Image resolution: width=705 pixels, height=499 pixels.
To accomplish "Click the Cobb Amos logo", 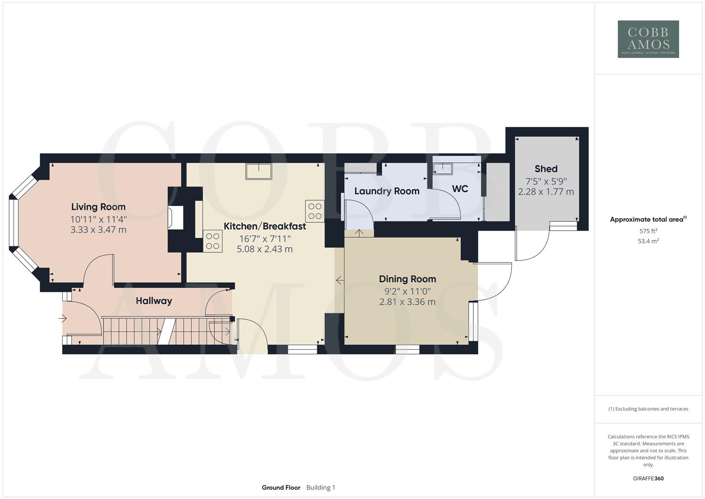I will pyautogui.click(x=648, y=39).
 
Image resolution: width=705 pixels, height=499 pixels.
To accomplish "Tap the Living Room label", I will pyautogui.click(x=98, y=207).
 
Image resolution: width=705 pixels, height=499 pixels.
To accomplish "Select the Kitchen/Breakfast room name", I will pyautogui.click(x=265, y=226).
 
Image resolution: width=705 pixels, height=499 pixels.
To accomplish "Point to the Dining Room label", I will pyautogui.click(x=407, y=279).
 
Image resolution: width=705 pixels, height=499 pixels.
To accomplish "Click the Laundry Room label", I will pyautogui.click(x=387, y=191).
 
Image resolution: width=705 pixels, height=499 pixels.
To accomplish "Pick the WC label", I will pyautogui.click(x=460, y=189).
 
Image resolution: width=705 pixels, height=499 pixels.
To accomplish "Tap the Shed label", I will pyautogui.click(x=546, y=169).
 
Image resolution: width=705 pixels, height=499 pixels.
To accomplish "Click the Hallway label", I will pyautogui.click(x=154, y=301).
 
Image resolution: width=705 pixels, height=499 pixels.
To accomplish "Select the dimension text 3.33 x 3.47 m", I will pyautogui.click(x=98, y=230).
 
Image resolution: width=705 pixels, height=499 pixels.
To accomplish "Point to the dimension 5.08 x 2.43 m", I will pyautogui.click(x=265, y=249).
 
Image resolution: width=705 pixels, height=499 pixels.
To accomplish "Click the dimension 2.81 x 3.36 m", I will pyautogui.click(x=407, y=302).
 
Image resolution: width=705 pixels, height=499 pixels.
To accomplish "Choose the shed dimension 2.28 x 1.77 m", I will pyautogui.click(x=546, y=192).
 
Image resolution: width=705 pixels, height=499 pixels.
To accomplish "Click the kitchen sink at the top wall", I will pyautogui.click(x=259, y=171).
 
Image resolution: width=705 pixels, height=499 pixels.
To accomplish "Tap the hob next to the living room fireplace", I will pyautogui.click(x=213, y=241).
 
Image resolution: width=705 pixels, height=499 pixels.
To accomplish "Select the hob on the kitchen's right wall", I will pyautogui.click(x=315, y=211).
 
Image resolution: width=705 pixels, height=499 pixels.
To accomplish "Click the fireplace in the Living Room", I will pyautogui.click(x=176, y=218).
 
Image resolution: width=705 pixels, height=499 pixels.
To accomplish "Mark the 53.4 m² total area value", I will pyautogui.click(x=648, y=241).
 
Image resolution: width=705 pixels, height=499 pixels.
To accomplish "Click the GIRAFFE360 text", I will pyautogui.click(x=648, y=479).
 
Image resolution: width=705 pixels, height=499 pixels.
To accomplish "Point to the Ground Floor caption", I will pyautogui.click(x=281, y=487).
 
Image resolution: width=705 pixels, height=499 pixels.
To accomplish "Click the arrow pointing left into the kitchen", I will pyautogui.click(x=340, y=280).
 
